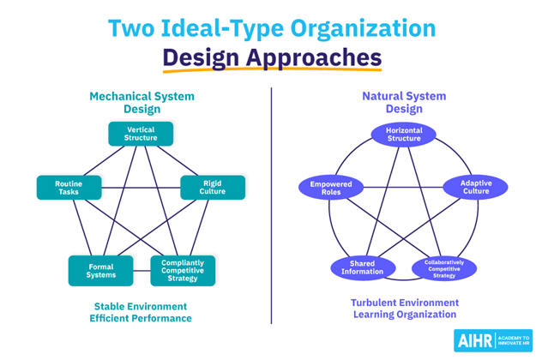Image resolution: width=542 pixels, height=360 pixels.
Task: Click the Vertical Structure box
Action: click(x=141, y=134)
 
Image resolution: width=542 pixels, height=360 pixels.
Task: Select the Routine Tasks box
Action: click(x=69, y=188)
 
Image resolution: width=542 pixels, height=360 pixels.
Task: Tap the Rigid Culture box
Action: click(x=213, y=187)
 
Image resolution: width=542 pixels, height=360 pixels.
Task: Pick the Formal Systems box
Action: click(x=100, y=271)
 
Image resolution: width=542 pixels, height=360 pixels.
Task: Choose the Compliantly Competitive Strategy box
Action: click(x=183, y=271)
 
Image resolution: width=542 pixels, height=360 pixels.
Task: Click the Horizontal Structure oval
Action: click(x=403, y=135)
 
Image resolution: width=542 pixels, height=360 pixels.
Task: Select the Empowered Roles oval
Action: click(x=331, y=188)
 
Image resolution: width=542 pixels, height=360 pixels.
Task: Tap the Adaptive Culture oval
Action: click(x=475, y=187)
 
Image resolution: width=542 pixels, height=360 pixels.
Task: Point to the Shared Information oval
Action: click(x=363, y=268)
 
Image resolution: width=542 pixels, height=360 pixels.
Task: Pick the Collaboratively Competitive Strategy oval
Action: click(x=444, y=268)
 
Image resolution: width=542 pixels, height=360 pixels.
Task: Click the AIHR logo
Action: click(x=493, y=340)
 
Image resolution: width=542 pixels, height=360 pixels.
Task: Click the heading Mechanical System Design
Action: click(x=142, y=103)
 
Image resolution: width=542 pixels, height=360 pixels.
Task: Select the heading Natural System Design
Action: click(x=404, y=102)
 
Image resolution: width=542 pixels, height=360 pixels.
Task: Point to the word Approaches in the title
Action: click(x=314, y=57)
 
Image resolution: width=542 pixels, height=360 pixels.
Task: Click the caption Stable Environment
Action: click(x=141, y=307)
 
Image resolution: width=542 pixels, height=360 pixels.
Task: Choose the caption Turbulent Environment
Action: click(x=405, y=303)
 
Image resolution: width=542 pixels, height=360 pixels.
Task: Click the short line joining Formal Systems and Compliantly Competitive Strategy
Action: click(x=142, y=271)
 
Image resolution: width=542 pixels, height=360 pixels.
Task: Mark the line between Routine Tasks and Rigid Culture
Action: click(x=141, y=188)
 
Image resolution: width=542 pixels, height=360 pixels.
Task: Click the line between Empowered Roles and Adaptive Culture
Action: click(x=403, y=188)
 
